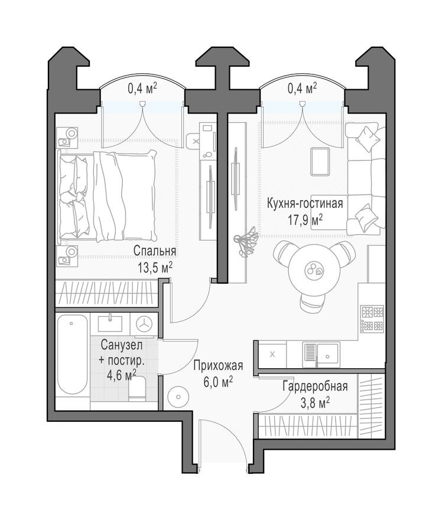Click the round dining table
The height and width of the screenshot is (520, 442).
[311, 271]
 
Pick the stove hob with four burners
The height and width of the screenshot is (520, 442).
[372, 318]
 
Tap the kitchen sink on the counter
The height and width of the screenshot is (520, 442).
[318, 354]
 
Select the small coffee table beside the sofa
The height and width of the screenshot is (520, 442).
[320, 161]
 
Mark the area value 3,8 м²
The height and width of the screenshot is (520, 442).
[314, 402]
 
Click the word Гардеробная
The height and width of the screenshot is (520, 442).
[314, 387]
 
